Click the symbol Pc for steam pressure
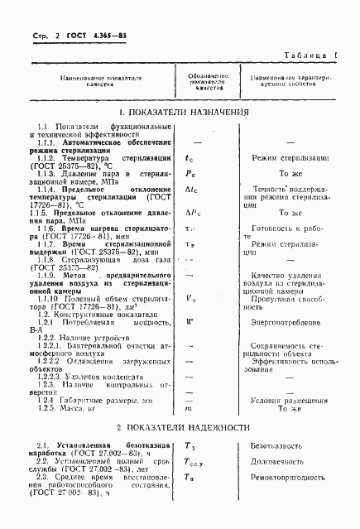pyautogui.click(x=190, y=175)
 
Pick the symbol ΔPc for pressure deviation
pyautogui.click(x=190, y=214)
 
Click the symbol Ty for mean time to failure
pyautogui.click(x=190, y=446)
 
